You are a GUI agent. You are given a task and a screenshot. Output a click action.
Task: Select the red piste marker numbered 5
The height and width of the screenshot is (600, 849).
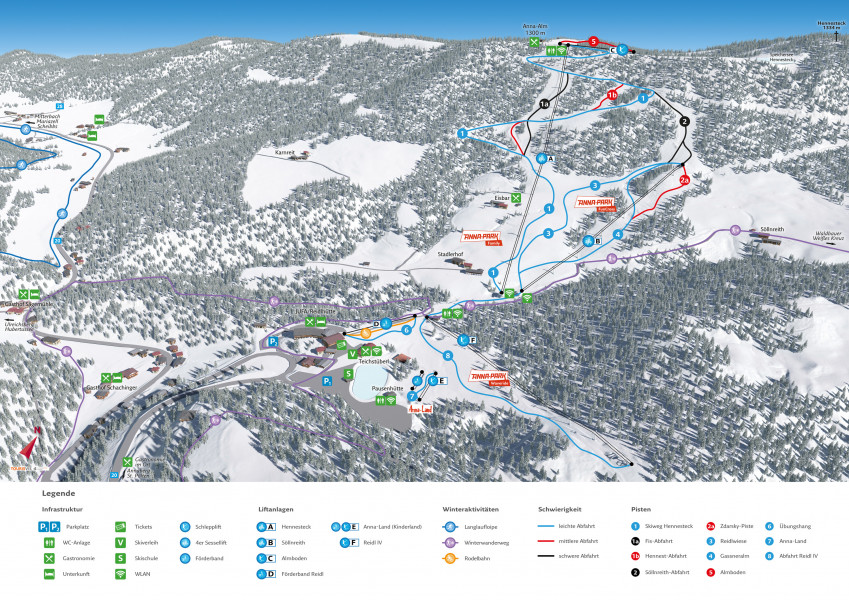tap(593, 42)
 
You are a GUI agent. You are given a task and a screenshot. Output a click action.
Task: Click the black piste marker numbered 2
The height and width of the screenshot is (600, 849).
tap(685, 121)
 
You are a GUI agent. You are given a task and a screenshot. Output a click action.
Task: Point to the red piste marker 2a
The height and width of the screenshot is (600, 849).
tap(685, 180)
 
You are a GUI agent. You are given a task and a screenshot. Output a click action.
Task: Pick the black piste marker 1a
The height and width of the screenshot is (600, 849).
tap(544, 103)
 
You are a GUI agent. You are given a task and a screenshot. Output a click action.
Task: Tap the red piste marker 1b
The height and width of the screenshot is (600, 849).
tap(610, 95)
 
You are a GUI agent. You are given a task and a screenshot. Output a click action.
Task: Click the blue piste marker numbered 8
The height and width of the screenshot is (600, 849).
tap(448, 355)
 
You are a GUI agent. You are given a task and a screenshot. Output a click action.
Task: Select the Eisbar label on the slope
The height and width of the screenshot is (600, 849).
tap(501, 199)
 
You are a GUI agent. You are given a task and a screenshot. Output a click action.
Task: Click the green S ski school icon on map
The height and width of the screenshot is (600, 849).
tap(348, 374)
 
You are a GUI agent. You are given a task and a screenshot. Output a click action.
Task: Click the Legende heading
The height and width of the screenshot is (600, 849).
tap(58, 493)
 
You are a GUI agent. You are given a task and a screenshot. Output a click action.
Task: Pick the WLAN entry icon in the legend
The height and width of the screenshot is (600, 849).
tap(120, 574)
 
